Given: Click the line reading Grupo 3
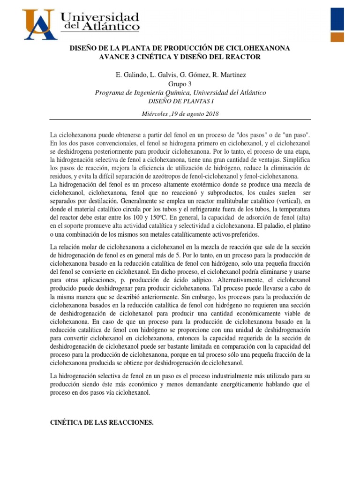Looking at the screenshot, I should (x=180, y=84).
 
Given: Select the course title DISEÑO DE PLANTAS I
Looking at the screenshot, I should (x=180, y=101).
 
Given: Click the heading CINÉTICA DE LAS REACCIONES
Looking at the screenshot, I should (x=102, y=422).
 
